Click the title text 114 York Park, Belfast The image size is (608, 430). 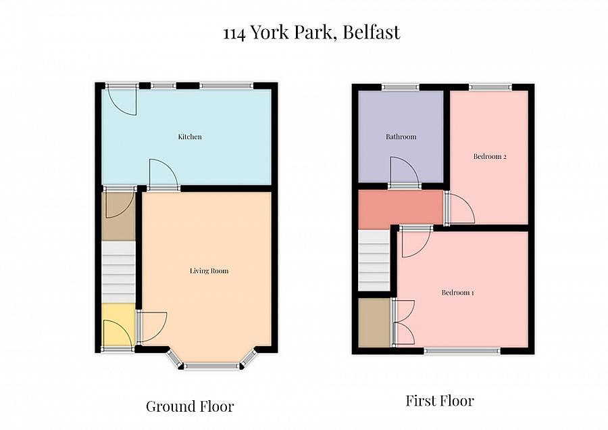pyautogui.click(x=311, y=32)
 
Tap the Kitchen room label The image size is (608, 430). pyautogui.click(x=190, y=137)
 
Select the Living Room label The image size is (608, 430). pyautogui.click(x=209, y=271)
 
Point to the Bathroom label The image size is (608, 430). pyautogui.click(x=401, y=137)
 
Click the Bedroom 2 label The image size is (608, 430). pyautogui.click(x=490, y=157)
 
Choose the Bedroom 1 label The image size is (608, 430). pyautogui.click(x=457, y=293)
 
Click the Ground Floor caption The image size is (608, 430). pyautogui.click(x=190, y=406)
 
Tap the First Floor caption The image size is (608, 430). pyautogui.click(x=440, y=401)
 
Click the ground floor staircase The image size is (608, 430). pyautogui.click(x=118, y=271)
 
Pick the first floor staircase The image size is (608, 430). pyautogui.click(x=374, y=260)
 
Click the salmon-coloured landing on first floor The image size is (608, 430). pyautogui.click(x=399, y=208)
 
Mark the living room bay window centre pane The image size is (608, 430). pyautogui.click(x=211, y=366)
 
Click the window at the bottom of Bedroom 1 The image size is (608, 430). pyautogui.click(x=462, y=350)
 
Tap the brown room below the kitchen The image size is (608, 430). pyautogui.click(x=118, y=215)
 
